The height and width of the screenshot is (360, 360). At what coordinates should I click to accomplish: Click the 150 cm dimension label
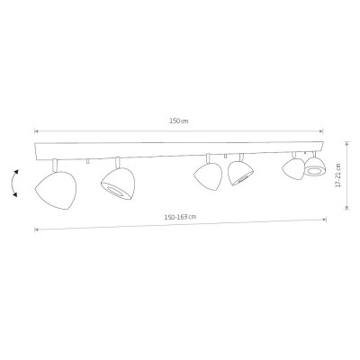179,121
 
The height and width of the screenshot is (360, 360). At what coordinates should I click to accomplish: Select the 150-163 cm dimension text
180,217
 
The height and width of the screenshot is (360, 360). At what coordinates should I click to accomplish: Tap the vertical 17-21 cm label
338,175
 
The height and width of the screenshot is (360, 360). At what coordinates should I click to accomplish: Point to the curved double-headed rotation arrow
12,183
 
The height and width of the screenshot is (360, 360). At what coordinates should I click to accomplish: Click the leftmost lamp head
56,190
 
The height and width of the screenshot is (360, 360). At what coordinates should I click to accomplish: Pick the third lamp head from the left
208,176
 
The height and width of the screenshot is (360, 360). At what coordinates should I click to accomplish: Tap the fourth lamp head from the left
240,173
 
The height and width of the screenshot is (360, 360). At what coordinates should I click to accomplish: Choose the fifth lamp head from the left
293,170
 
